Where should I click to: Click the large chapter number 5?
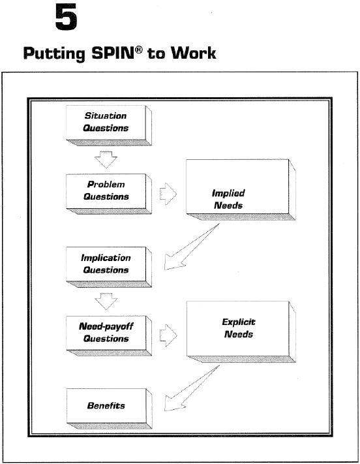pyautogui.click(x=67, y=17)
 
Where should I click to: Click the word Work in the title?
pyautogui.click(x=194, y=53)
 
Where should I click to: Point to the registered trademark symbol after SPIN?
pyautogui.click(x=139, y=50)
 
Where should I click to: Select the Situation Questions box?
pyautogui.click(x=108, y=125)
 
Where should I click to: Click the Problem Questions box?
pyautogui.click(x=108, y=194)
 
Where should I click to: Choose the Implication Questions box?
pyautogui.click(x=108, y=267)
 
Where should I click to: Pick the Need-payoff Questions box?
pyautogui.click(x=108, y=335)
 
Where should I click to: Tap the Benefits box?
pyautogui.click(x=109, y=409)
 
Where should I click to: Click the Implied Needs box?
pyautogui.click(x=241, y=190)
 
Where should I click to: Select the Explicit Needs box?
pyautogui.click(x=241, y=332)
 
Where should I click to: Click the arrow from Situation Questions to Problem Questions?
pyautogui.click(x=106, y=159)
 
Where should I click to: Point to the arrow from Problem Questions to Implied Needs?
pyautogui.click(x=168, y=194)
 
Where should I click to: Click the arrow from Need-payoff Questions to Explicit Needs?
pyautogui.click(x=168, y=335)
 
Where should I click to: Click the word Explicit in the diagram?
pyautogui.click(x=239, y=322)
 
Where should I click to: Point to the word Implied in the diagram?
pyautogui.click(x=228, y=193)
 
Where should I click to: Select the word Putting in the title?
pyautogui.click(x=54, y=54)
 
